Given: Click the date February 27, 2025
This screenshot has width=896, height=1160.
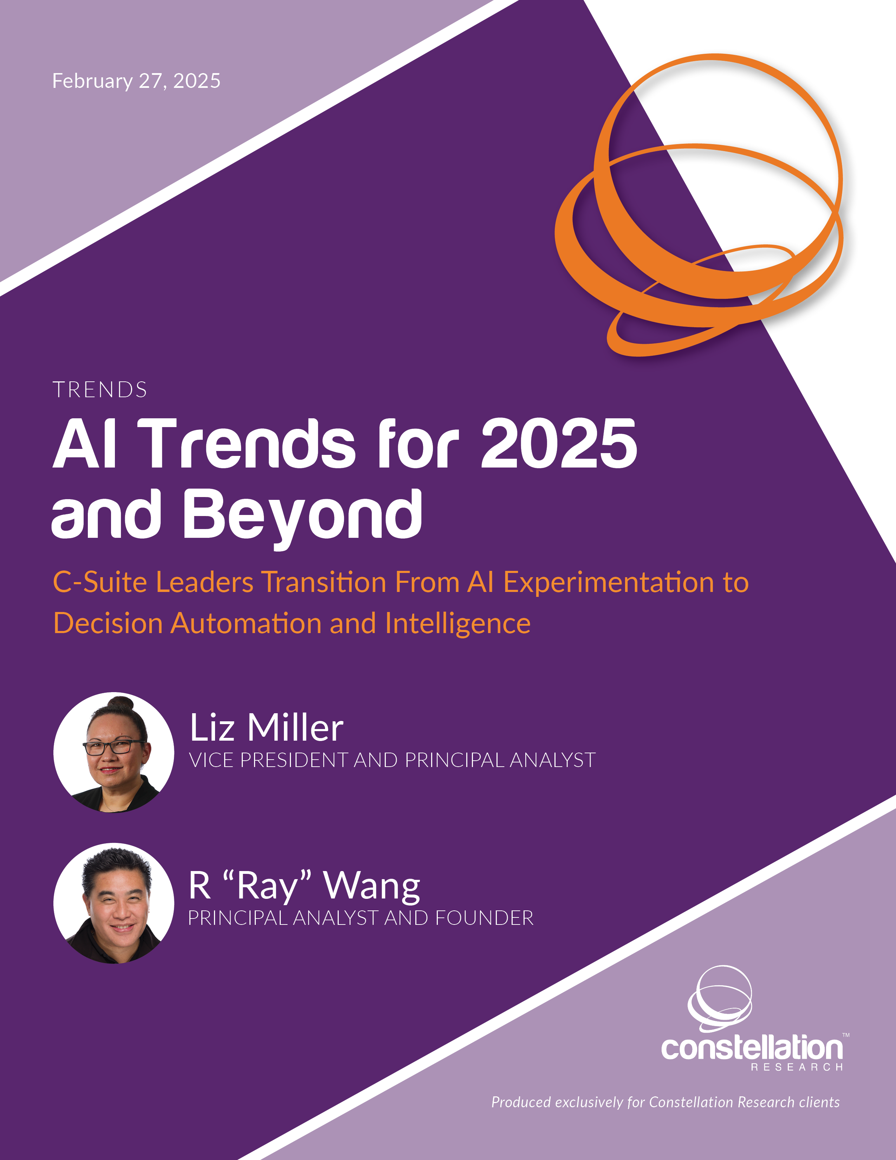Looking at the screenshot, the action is pyautogui.click(x=136, y=81).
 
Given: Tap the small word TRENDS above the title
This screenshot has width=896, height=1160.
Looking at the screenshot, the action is pyautogui.click(x=100, y=390).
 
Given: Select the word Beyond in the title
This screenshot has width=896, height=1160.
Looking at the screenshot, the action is pyautogui.click(x=303, y=518).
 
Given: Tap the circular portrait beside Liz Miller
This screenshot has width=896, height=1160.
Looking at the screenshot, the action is pyautogui.click(x=113, y=752).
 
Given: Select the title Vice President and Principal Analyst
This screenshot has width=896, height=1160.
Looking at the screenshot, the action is pyautogui.click(x=392, y=760).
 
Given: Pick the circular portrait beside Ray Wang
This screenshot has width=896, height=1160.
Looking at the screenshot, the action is pyautogui.click(x=113, y=903).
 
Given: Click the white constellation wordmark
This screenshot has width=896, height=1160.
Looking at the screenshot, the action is pyautogui.click(x=752, y=1048).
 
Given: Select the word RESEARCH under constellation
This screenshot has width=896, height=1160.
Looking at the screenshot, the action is pyautogui.click(x=796, y=1067).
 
